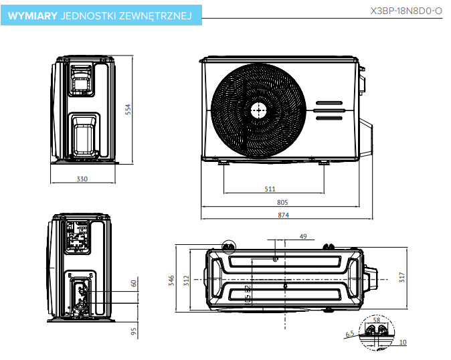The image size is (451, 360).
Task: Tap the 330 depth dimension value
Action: click(82, 179)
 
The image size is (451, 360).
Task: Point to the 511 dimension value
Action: click(270, 189)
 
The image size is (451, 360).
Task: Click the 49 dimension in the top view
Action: click(302, 237)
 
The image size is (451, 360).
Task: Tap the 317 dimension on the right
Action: click(401, 276)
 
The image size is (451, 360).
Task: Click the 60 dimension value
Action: click(134, 284)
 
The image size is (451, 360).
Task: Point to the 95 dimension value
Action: click(134, 331)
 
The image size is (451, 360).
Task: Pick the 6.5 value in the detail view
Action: click(349, 333)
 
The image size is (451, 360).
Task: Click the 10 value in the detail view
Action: click(403, 342)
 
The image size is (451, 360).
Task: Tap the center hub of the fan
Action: click(258, 110)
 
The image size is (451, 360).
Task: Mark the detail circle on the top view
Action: click(228, 247)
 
